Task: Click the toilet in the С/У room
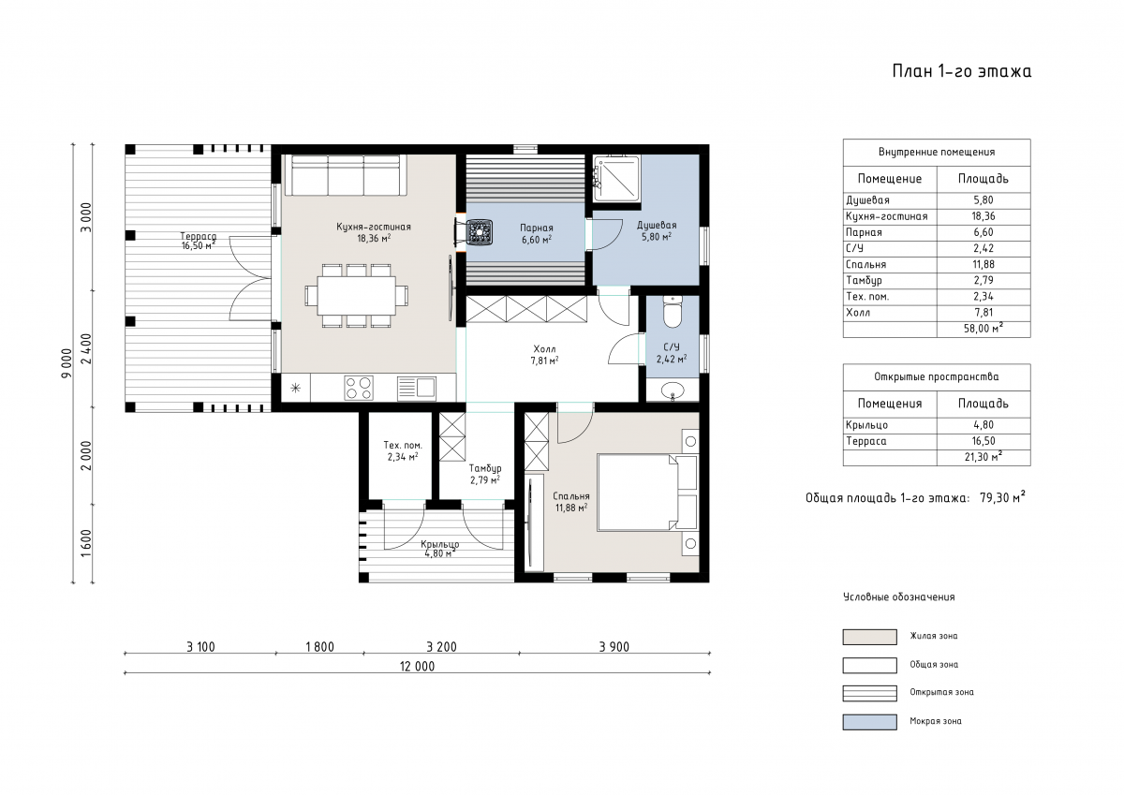point(673,312)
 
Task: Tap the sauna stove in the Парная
point(480,233)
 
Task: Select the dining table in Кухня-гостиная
point(356,296)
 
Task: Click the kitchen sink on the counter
point(417,388)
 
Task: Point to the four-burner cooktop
point(359,389)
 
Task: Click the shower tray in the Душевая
point(616,179)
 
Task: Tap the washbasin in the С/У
point(673,390)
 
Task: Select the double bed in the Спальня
point(647,493)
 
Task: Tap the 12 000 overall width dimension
point(417,666)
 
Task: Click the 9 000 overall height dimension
point(67,363)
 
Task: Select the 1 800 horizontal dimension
point(319,647)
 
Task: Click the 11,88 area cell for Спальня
point(983,264)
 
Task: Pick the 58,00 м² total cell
point(983,328)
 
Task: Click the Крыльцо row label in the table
point(866,425)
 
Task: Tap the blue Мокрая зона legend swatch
point(869,722)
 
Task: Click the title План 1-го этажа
point(961,71)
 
